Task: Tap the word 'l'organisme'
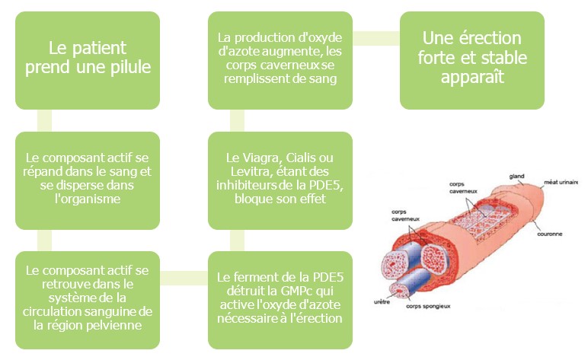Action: click(88, 199)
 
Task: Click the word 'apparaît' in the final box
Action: click(472, 78)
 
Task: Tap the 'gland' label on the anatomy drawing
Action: click(516, 177)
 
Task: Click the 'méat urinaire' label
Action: click(561, 182)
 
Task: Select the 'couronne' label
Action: click(549, 234)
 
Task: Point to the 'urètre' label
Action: click(382, 301)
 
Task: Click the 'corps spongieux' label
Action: click(428, 306)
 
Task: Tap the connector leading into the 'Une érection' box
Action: click(376, 39)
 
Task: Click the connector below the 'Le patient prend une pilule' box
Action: click(45, 120)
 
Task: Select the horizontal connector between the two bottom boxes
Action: click(184, 278)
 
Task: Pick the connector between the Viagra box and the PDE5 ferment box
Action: click(237, 240)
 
